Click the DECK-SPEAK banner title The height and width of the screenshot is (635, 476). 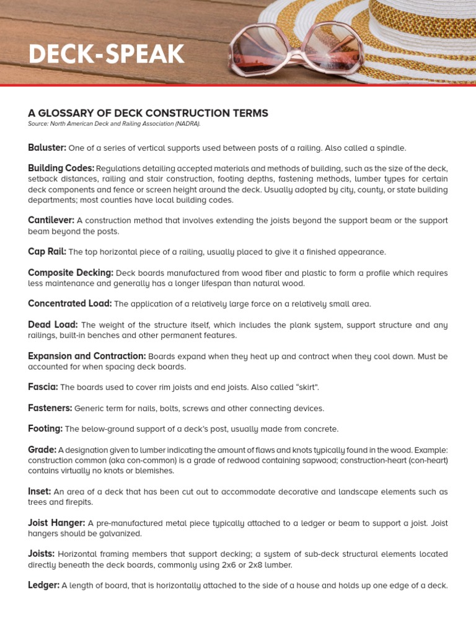pyautogui.click(x=106, y=55)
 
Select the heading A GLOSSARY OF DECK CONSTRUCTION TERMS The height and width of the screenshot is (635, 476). pyautogui.click(x=148, y=113)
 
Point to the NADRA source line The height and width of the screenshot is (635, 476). pyautogui.click(x=114, y=124)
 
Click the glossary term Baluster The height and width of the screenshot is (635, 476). pyautogui.click(x=47, y=148)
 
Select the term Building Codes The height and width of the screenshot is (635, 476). pyautogui.click(x=61, y=168)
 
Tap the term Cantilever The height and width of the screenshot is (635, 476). pyautogui.click(x=51, y=220)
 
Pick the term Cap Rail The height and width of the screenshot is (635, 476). pyautogui.click(x=46, y=252)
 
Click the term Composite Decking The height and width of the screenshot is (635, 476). pyautogui.click(x=70, y=272)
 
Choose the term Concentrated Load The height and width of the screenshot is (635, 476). pyautogui.click(x=69, y=304)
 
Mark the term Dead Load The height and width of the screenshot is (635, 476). pyautogui.click(x=53, y=324)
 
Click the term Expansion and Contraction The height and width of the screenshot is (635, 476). pyautogui.click(x=87, y=356)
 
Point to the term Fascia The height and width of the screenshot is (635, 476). pyautogui.click(x=43, y=387)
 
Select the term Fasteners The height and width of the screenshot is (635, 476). pyautogui.click(x=50, y=408)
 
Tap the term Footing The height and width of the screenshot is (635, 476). pyautogui.click(x=45, y=429)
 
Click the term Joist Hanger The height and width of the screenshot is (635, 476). pyautogui.click(x=56, y=523)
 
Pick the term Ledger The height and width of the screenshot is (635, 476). pyautogui.click(x=43, y=585)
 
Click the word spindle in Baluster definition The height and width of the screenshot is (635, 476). pyautogui.click(x=389, y=148)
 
